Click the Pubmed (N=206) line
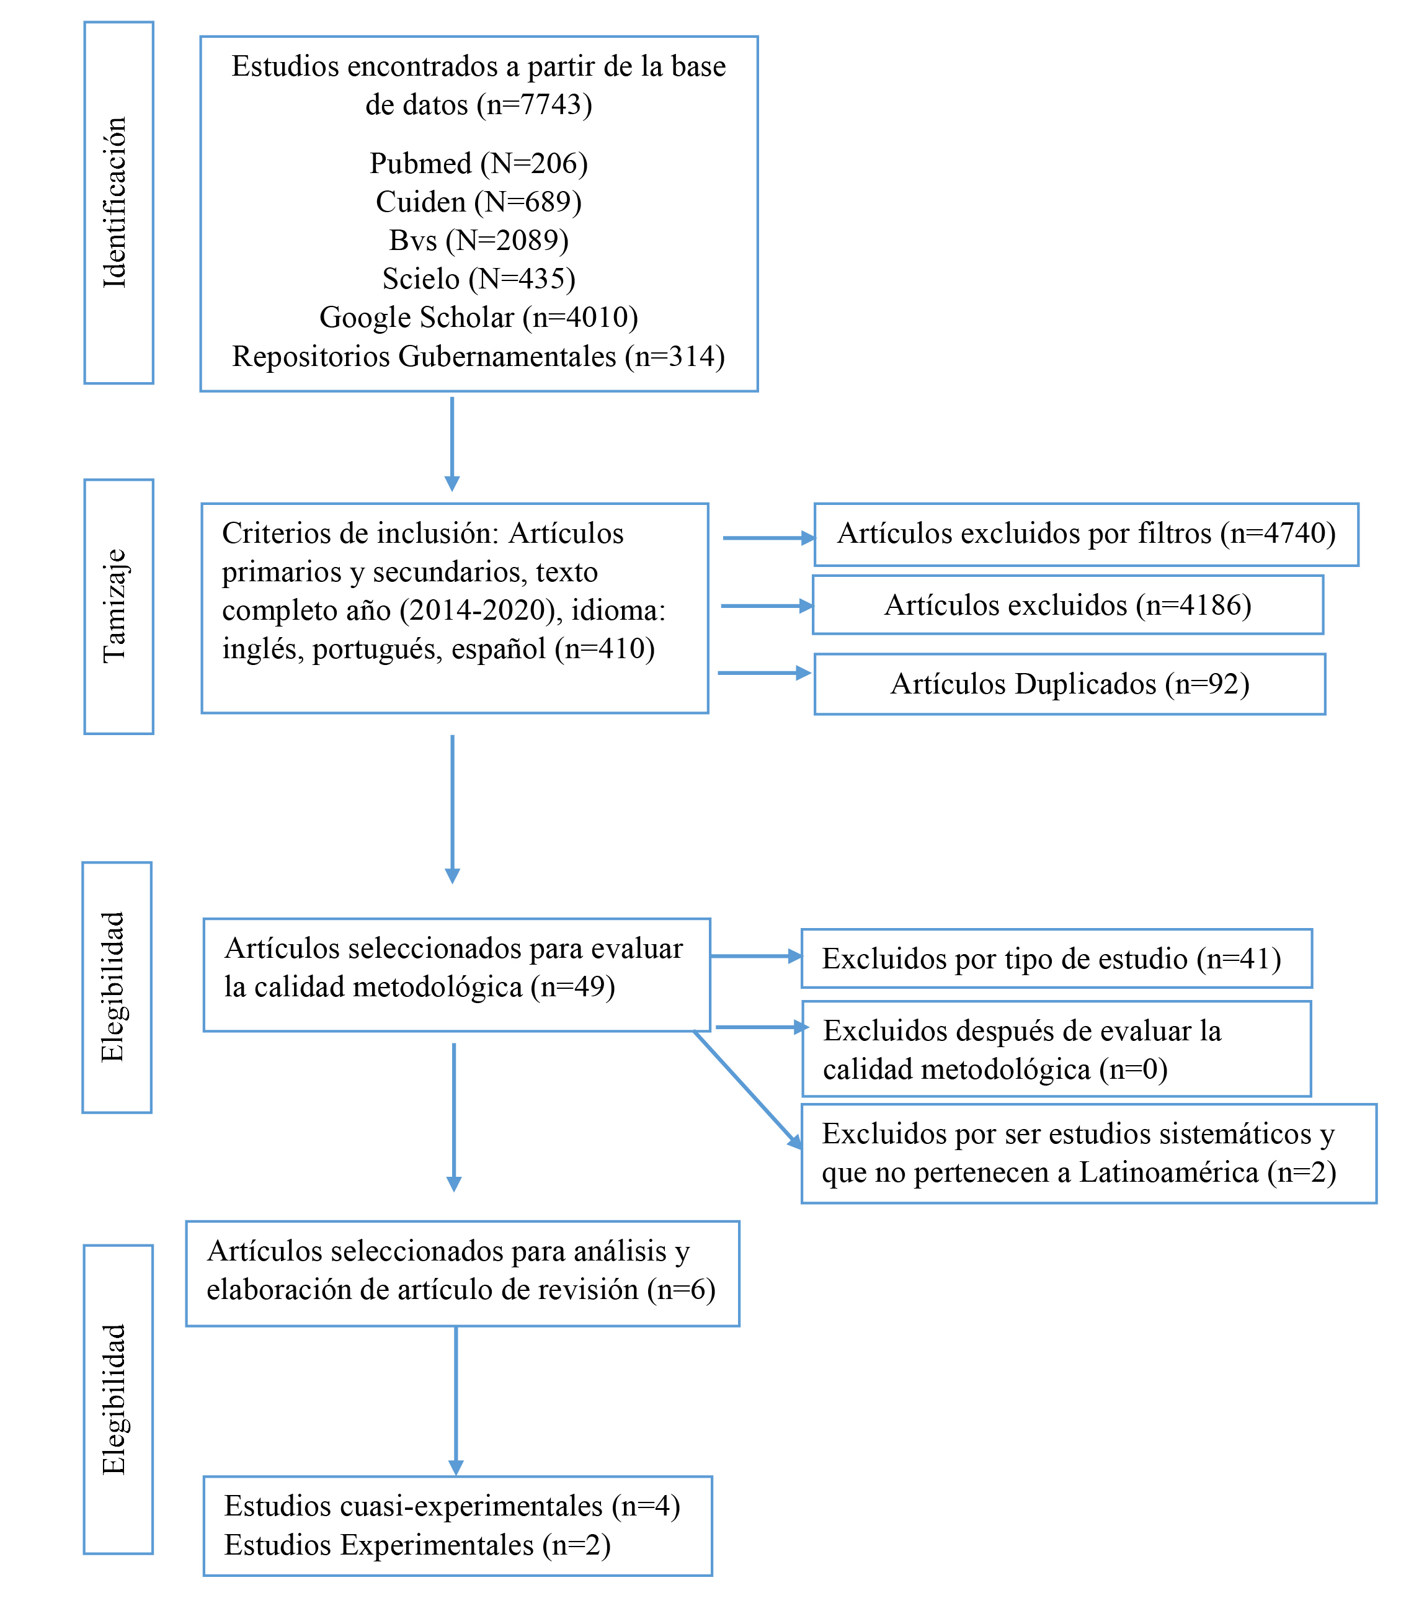point(478,163)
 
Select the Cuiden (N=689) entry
point(478,202)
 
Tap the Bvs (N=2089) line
point(478,240)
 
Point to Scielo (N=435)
point(478,279)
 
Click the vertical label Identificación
point(115,202)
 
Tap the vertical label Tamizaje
point(115,606)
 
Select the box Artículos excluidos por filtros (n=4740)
point(1086,535)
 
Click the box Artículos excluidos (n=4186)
point(1068,605)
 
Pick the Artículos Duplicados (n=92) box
point(1070,684)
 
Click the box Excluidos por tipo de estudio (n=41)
point(1057,958)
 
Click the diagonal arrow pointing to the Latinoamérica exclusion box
point(747,1090)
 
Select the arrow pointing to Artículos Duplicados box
point(765,672)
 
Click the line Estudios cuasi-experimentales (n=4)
point(452,1506)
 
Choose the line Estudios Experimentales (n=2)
point(417,1545)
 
